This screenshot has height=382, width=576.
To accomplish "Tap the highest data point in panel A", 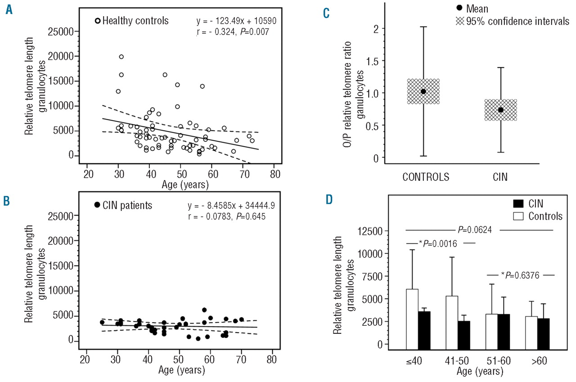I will click(121, 57).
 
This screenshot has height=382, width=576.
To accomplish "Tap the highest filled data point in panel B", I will click(204, 310).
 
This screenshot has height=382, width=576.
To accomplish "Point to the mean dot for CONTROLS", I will click(423, 91).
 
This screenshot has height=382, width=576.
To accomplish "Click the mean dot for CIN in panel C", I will click(500, 110).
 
